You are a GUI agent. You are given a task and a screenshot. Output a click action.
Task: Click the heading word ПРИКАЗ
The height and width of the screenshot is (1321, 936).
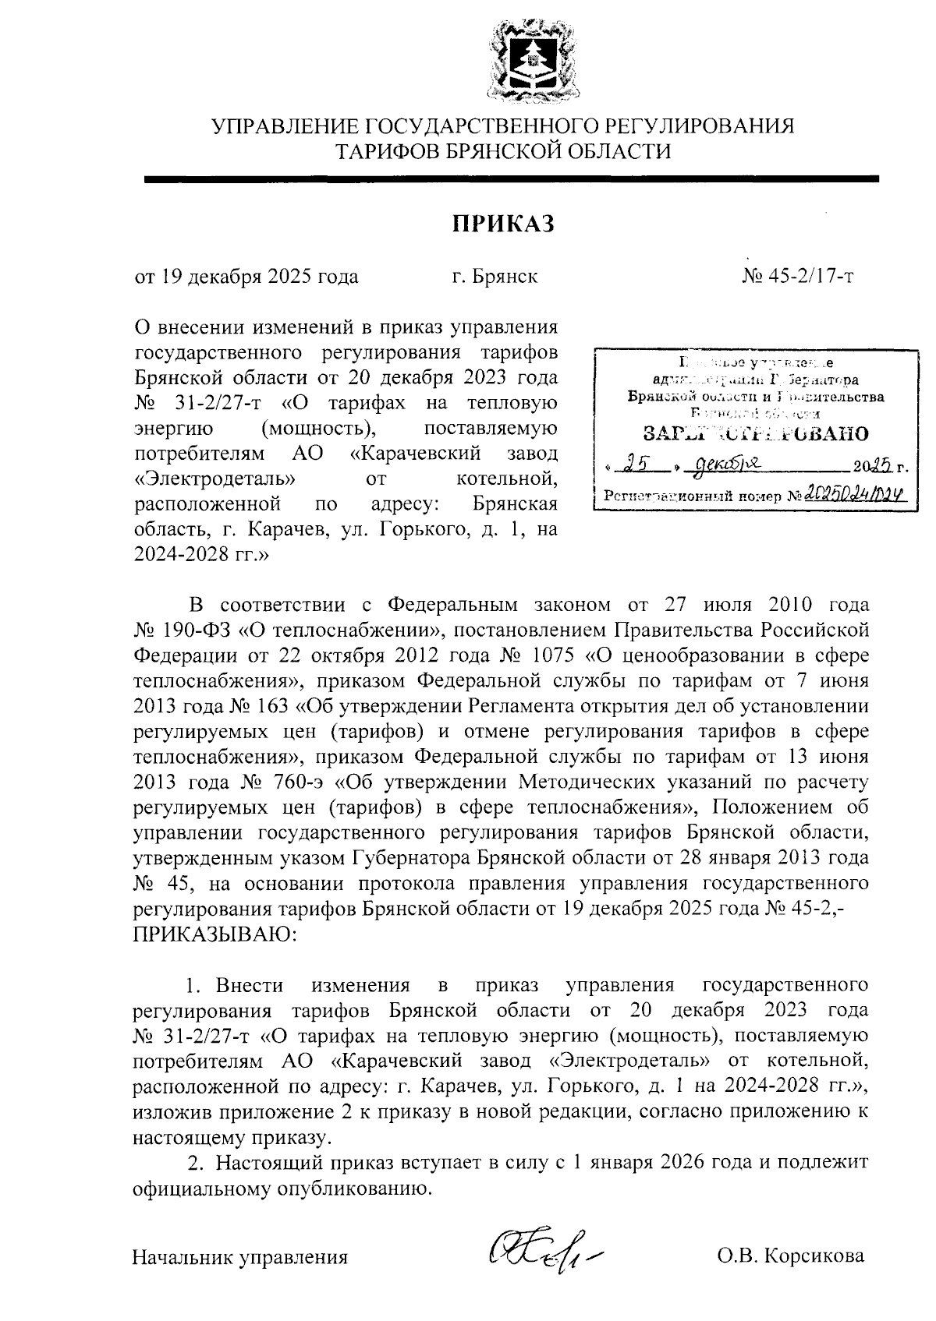click(504, 224)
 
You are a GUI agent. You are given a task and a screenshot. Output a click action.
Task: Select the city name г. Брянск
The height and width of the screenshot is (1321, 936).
click(495, 277)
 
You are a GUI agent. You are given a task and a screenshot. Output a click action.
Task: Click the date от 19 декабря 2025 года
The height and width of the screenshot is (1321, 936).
click(247, 277)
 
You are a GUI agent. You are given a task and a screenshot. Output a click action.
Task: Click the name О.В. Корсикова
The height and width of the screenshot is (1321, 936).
click(791, 1256)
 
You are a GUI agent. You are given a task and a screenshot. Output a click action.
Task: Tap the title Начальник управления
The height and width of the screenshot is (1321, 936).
click(240, 1256)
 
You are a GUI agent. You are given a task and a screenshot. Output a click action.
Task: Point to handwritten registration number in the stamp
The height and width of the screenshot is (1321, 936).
click(849, 493)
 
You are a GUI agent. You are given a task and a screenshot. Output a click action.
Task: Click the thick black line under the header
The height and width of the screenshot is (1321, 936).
click(511, 179)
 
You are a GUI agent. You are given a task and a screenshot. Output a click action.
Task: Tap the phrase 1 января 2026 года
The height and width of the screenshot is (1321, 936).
click(659, 1161)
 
